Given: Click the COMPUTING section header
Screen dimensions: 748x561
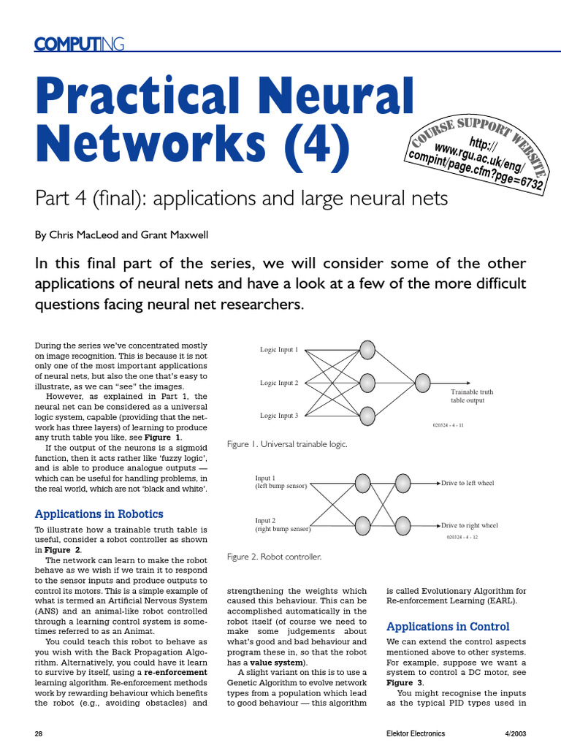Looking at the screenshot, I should tap(80, 45).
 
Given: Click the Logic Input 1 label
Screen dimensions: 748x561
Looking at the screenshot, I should tap(279, 350).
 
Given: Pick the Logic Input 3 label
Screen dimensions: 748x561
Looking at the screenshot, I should tap(279, 416).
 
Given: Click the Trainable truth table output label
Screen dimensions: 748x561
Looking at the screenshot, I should tap(471, 396).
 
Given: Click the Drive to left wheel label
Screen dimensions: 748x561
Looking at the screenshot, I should tap(467, 483).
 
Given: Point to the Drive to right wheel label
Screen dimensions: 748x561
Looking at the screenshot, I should tap(470, 525).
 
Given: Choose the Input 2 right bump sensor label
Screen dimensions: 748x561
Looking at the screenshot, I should tap(283, 524).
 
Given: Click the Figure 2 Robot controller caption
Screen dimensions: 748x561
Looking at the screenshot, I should tap(274, 557).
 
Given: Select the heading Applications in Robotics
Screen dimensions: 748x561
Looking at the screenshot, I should tap(99, 514).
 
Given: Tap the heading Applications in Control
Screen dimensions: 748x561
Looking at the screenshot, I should tap(448, 626).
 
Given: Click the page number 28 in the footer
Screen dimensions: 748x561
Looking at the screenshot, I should tap(40, 733).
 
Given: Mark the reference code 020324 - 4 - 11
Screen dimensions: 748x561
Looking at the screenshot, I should tap(449, 424).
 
